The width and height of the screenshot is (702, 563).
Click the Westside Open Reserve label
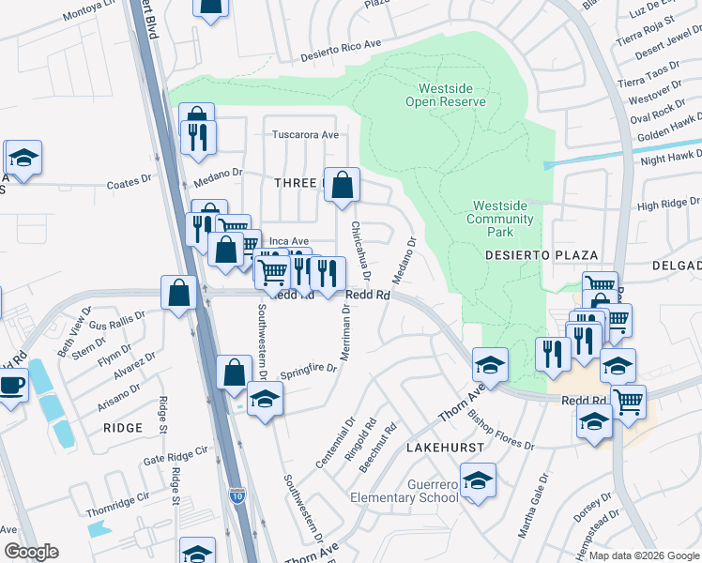[x=446, y=95]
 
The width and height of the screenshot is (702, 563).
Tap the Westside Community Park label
[x=503, y=219]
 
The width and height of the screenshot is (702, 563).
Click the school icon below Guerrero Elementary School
[x=478, y=483]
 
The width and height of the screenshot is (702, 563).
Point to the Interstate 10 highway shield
[x=239, y=495]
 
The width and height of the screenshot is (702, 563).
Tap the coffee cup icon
[x=11, y=386]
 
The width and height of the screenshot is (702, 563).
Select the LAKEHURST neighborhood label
[x=445, y=449]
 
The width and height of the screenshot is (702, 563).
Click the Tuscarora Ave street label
[x=304, y=134]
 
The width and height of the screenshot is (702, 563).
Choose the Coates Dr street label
[x=129, y=181]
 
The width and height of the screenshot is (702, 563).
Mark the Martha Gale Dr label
[x=533, y=506]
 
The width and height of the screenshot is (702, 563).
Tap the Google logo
[x=31, y=552]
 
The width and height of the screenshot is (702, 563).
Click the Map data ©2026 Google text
[x=644, y=555]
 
